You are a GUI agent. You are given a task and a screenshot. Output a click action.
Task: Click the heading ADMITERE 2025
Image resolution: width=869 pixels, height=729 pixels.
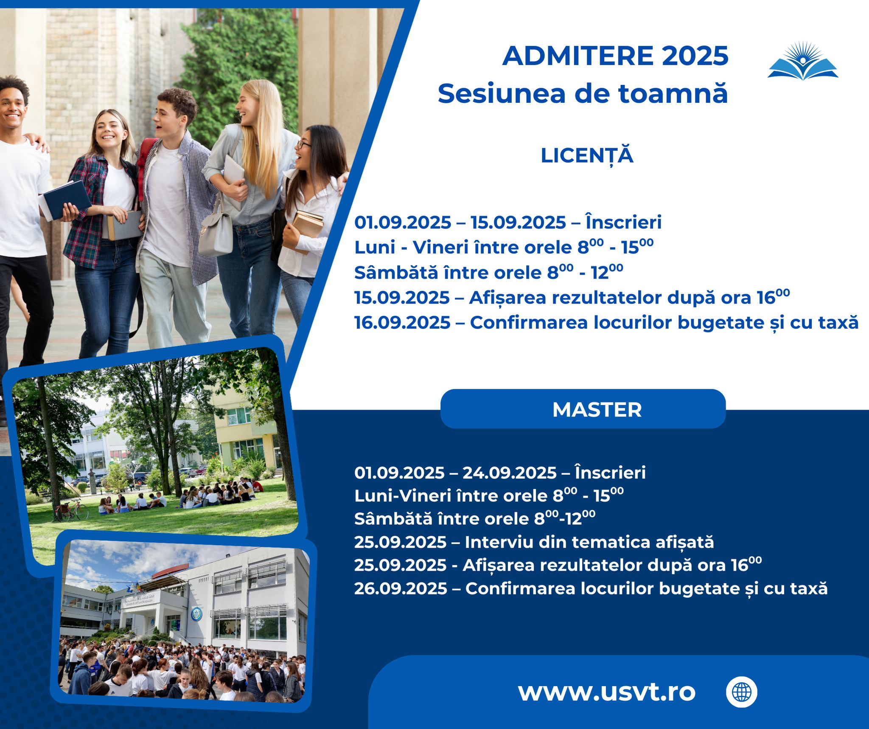[x=615, y=56]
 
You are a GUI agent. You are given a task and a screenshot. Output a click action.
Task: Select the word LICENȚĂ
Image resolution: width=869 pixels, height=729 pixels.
[x=587, y=156]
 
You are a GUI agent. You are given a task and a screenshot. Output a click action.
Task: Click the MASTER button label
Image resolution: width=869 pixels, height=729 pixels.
[x=597, y=410]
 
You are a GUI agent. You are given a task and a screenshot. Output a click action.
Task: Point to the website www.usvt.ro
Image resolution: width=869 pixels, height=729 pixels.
[x=607, y=692]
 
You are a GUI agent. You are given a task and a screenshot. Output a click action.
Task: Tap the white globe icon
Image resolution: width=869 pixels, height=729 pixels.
[x=741, y=692]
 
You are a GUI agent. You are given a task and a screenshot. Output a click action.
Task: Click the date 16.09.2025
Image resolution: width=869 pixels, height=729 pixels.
[x=402, y=323]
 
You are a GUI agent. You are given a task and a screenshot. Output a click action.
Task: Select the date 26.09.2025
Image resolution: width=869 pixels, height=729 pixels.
[x=401, y=588]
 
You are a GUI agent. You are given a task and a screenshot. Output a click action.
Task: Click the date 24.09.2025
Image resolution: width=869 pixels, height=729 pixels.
[x=509, y=473]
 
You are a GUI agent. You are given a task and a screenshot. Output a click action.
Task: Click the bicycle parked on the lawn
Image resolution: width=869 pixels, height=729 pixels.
[x=71, y=509]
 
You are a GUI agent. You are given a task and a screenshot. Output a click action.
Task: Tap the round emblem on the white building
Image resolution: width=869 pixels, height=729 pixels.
[x=196, y=613]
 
